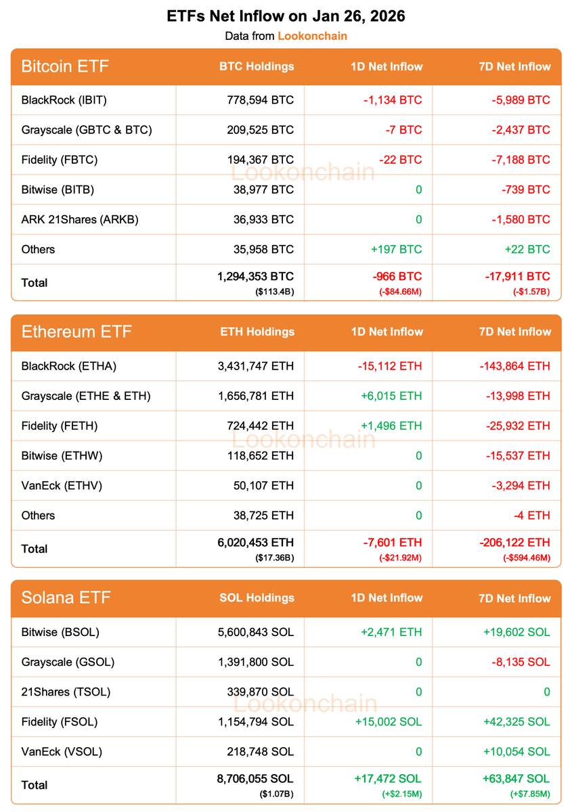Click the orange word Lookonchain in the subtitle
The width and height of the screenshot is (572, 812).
click(312, 36)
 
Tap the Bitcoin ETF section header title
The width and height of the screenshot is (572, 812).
click(65, 66)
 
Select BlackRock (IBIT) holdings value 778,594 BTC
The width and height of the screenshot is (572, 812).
click(261, 100)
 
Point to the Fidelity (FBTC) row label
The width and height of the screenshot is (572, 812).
click(60, 160)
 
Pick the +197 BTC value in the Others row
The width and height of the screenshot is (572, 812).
click(396, 249)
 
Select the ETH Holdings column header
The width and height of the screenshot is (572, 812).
click(257, 332)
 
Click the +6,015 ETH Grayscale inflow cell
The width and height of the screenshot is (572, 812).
click(391, 396)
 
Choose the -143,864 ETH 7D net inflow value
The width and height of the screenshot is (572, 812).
click(516, 366)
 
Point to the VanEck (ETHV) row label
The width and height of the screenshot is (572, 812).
click(63, 485)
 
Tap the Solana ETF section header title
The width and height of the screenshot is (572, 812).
click(66, 597)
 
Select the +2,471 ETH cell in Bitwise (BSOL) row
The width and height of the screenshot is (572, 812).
click(391, 632)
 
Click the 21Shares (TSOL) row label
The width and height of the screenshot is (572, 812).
click(66, 692)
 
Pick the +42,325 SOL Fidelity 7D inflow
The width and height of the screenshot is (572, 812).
click(516, 721)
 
